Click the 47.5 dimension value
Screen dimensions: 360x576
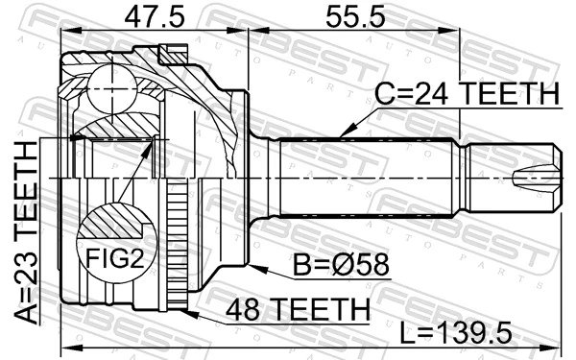pyautogui.click(x=155, y=15)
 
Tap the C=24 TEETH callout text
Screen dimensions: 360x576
pyautogui.click(x=468, y=96)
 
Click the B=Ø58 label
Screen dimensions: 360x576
pyautogui.click(x=338, y=265)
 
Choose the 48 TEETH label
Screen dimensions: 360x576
pyautogui.click(x=297, y=309)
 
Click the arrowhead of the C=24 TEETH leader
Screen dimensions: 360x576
pyautogui.click(x=343, y=133)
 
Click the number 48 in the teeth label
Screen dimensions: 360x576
pyautogui.click(x=244, y=309)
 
